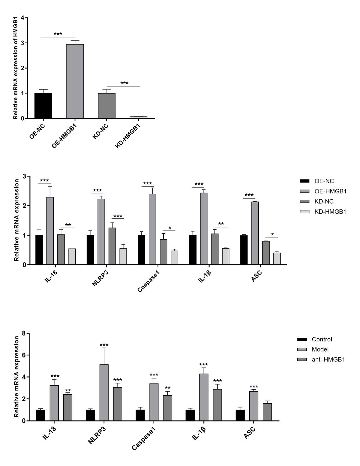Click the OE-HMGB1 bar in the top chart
point(75,81)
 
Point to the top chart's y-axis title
point(15,69)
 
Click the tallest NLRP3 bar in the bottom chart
point(104,392)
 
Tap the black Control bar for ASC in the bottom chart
point(240,415)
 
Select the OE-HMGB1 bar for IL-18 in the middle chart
point(50,231)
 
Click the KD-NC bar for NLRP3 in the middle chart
point(112,246)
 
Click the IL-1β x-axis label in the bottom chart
point(199,434)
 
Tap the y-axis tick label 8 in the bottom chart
point(24,334)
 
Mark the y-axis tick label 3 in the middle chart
point(24,176)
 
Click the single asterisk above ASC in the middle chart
point(272,234)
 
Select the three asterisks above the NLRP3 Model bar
point(104,345)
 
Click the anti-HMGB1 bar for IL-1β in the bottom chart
point(217,405)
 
